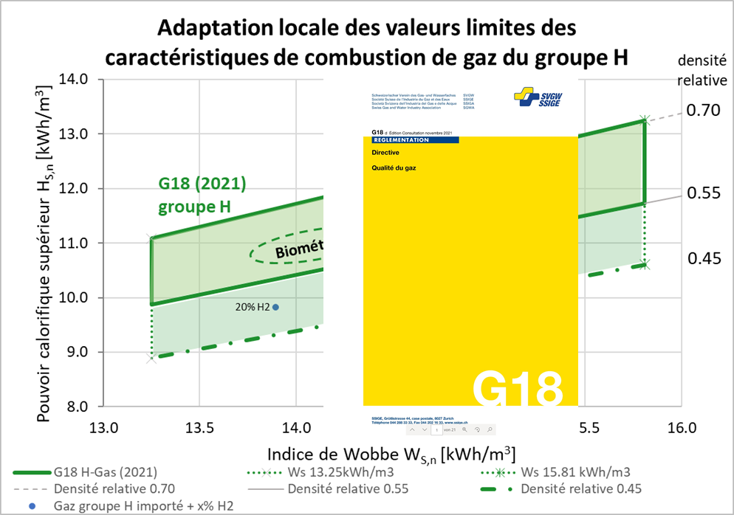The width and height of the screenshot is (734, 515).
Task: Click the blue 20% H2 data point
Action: [x=275, y=307]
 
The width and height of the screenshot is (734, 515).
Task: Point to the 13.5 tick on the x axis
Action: [x=199, y=428]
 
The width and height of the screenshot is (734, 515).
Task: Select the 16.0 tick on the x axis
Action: [x=681, y=428]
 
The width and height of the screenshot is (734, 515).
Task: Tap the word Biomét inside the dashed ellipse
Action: [x=300, y=251]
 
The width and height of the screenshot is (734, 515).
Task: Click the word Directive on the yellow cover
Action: [x=386, y=153]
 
